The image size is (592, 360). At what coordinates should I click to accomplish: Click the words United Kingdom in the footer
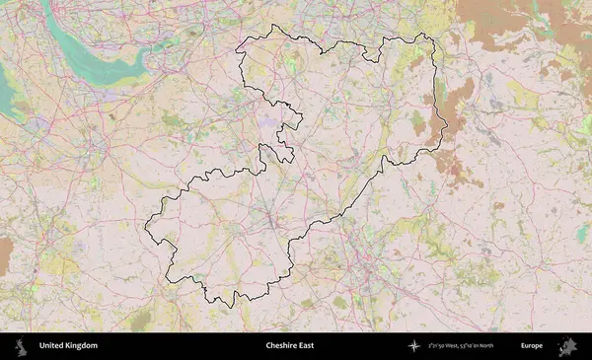coord(68,346)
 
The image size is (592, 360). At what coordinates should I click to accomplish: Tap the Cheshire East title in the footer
coord(291,346)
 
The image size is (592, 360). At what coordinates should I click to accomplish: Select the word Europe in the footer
coord(532,346)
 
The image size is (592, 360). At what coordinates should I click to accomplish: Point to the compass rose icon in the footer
coord(414,346)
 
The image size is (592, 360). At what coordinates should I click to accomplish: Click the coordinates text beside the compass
coord(465,346)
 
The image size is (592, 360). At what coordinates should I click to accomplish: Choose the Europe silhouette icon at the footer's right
coord(567,346)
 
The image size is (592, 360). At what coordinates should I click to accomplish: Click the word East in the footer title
coord(308,346)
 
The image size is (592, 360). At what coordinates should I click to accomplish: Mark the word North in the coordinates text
coord(495,346)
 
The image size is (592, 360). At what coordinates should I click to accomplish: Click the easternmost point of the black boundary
coord(447,126)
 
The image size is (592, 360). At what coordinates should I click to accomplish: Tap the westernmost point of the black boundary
coord(145,228)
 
